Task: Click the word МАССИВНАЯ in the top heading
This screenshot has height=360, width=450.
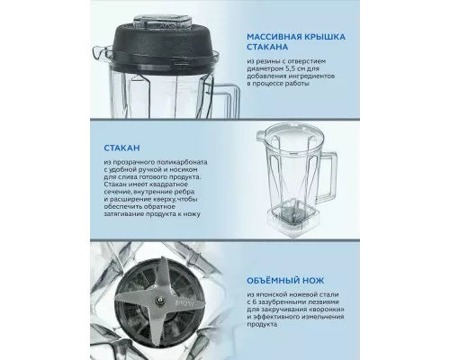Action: coord(271,37)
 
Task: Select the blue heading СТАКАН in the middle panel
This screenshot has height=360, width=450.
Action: coord(121,148)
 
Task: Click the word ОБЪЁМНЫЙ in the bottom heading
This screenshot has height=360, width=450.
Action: coord(273,281)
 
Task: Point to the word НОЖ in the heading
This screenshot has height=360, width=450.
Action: coord(313,281)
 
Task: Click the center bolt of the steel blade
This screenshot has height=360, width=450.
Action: coord(160,299)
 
